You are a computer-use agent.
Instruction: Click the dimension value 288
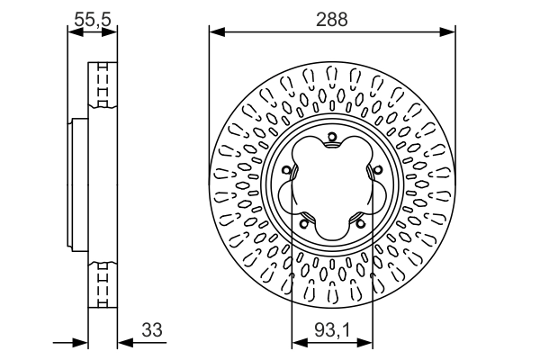click(331, 17)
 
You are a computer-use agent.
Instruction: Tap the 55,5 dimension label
click(93, 17)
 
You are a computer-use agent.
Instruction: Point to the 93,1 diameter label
click(332, 331)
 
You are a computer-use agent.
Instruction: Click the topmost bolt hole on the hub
click(332, 138)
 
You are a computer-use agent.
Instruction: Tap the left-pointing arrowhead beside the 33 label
click(123, 343)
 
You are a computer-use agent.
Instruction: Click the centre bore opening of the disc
click(332, 190)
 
